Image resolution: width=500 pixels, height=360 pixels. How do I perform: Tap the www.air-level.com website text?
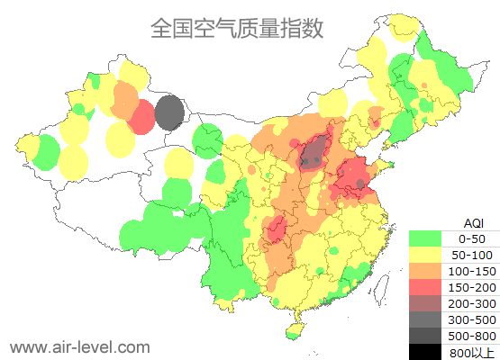[x=79, y=346]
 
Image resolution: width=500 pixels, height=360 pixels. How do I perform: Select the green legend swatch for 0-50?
[x=425, y=238]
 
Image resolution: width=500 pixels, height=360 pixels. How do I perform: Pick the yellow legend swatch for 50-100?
[x=425, y=255]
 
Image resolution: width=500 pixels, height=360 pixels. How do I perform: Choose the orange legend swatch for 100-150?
[x=425, y=271]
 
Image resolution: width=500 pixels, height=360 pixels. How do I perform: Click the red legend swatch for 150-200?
[x=425, y=287]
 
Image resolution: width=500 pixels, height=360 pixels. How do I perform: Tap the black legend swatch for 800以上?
[x=425, y=351]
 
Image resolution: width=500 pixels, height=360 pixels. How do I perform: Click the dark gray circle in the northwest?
[x=168, y=113]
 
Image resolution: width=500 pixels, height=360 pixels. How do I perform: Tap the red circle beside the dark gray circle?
[x=141, y=117]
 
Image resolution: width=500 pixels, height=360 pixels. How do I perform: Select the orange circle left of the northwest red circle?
[x=124, y=102]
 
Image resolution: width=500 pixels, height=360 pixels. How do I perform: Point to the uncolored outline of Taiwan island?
[x=382, y=287]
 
